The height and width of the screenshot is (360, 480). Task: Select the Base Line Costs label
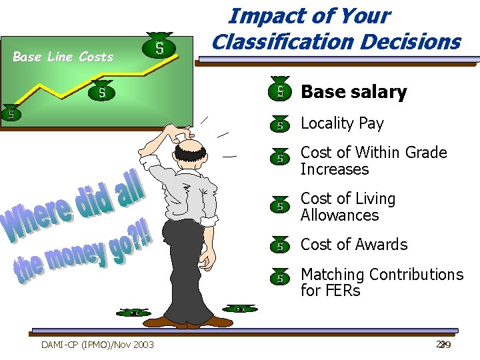(63, 57)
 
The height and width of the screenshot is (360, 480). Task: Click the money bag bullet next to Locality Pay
(281, 124)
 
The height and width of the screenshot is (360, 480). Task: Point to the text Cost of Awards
(353, 245)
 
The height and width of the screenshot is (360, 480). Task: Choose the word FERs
(344, 291)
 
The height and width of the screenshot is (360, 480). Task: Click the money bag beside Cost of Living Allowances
(281, 206)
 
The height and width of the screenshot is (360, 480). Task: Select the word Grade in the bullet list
(423, 153)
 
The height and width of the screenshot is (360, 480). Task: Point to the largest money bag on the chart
(159, 47)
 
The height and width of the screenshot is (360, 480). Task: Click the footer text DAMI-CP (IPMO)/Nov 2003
(97, 345)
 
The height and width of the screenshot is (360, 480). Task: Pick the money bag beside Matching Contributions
(281, 277)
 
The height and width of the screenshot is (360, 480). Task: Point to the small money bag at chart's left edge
(11, 113)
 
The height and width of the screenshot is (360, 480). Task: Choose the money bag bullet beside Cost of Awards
(281, 245)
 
